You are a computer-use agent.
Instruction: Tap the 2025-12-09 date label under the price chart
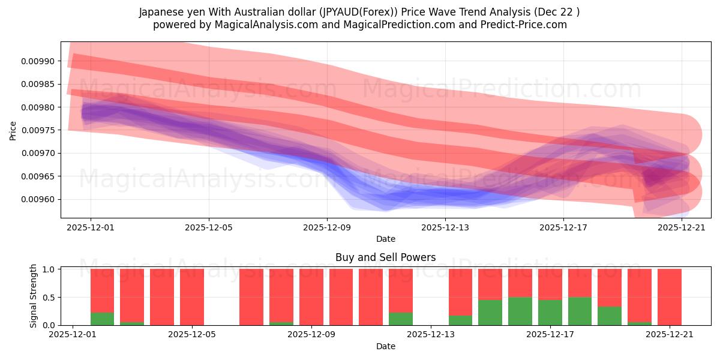[327, 228]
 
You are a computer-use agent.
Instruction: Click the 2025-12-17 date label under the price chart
[563, 228]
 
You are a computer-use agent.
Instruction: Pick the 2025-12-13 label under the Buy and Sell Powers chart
[430, 335]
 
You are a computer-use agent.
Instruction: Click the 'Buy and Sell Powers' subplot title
[385, 257]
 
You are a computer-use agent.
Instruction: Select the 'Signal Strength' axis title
[34, 296]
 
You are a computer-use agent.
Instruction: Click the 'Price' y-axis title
[13, 130]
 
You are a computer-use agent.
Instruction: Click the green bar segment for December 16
[520, 311]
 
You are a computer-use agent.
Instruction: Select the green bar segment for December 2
[102, 319]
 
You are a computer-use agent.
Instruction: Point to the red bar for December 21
[669, 297]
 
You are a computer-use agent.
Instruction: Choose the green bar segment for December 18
[580, 311]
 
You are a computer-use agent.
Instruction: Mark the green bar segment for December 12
[400, 319]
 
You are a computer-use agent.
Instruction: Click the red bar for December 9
[311, 297]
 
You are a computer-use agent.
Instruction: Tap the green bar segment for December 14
[460, 320]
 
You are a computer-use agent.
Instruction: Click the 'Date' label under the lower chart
[385, 346]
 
